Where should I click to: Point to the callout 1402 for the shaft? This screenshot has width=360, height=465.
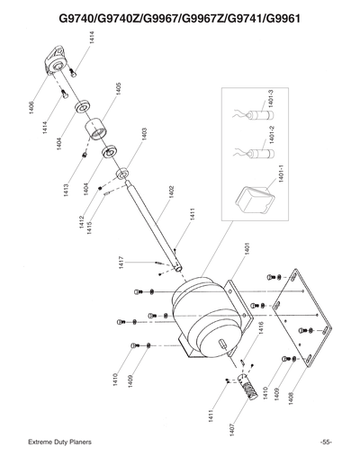click(x=171, y=193)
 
